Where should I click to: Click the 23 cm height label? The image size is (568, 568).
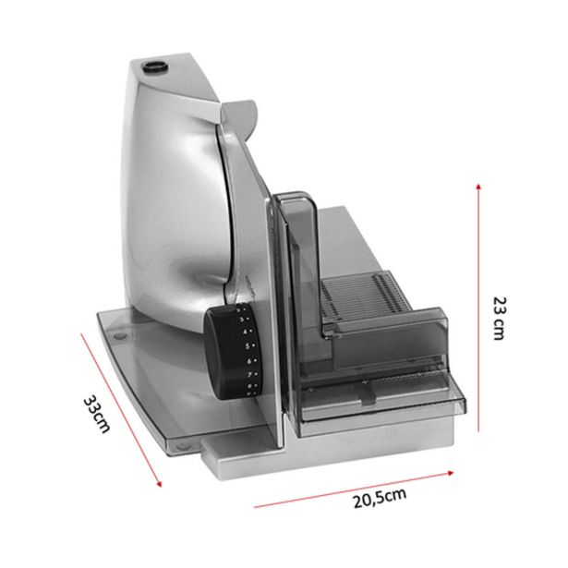click(500, 319)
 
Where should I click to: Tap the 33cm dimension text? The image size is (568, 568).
click(96, 414)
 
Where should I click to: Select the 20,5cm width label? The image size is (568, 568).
click(380, 498)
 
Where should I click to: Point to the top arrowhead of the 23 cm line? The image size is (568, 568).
click(478, 187)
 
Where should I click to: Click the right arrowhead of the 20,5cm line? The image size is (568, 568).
click(451, 472)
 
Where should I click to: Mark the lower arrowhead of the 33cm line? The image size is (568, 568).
click(159, 484)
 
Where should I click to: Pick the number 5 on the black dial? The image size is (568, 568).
click(248, 346)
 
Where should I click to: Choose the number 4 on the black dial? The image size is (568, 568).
click(245, 332)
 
